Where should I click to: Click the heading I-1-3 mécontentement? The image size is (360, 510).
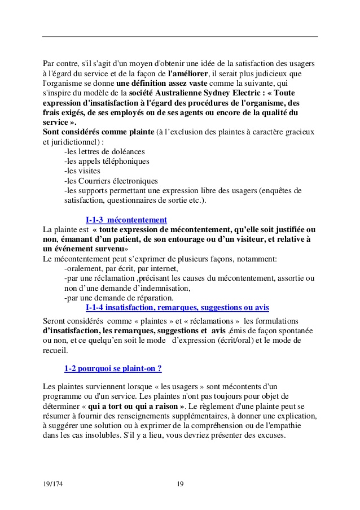(126, 220)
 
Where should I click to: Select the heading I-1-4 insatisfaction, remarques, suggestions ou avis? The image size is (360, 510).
(177, 307)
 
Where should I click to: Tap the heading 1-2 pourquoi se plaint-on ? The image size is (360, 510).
(113, 368)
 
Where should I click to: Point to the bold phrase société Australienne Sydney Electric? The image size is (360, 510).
(201, 93)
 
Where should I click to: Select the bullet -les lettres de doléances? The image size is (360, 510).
(104, 151)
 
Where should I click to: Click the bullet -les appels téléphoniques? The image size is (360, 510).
(107, 161)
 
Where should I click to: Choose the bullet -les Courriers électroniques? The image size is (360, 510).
(111, 181)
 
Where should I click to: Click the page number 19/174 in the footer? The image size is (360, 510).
(52, 484)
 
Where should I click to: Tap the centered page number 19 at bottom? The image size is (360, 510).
(180, 484)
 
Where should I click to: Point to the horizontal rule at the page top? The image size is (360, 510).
(180, 37)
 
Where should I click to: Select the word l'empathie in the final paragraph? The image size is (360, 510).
(298, 426)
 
